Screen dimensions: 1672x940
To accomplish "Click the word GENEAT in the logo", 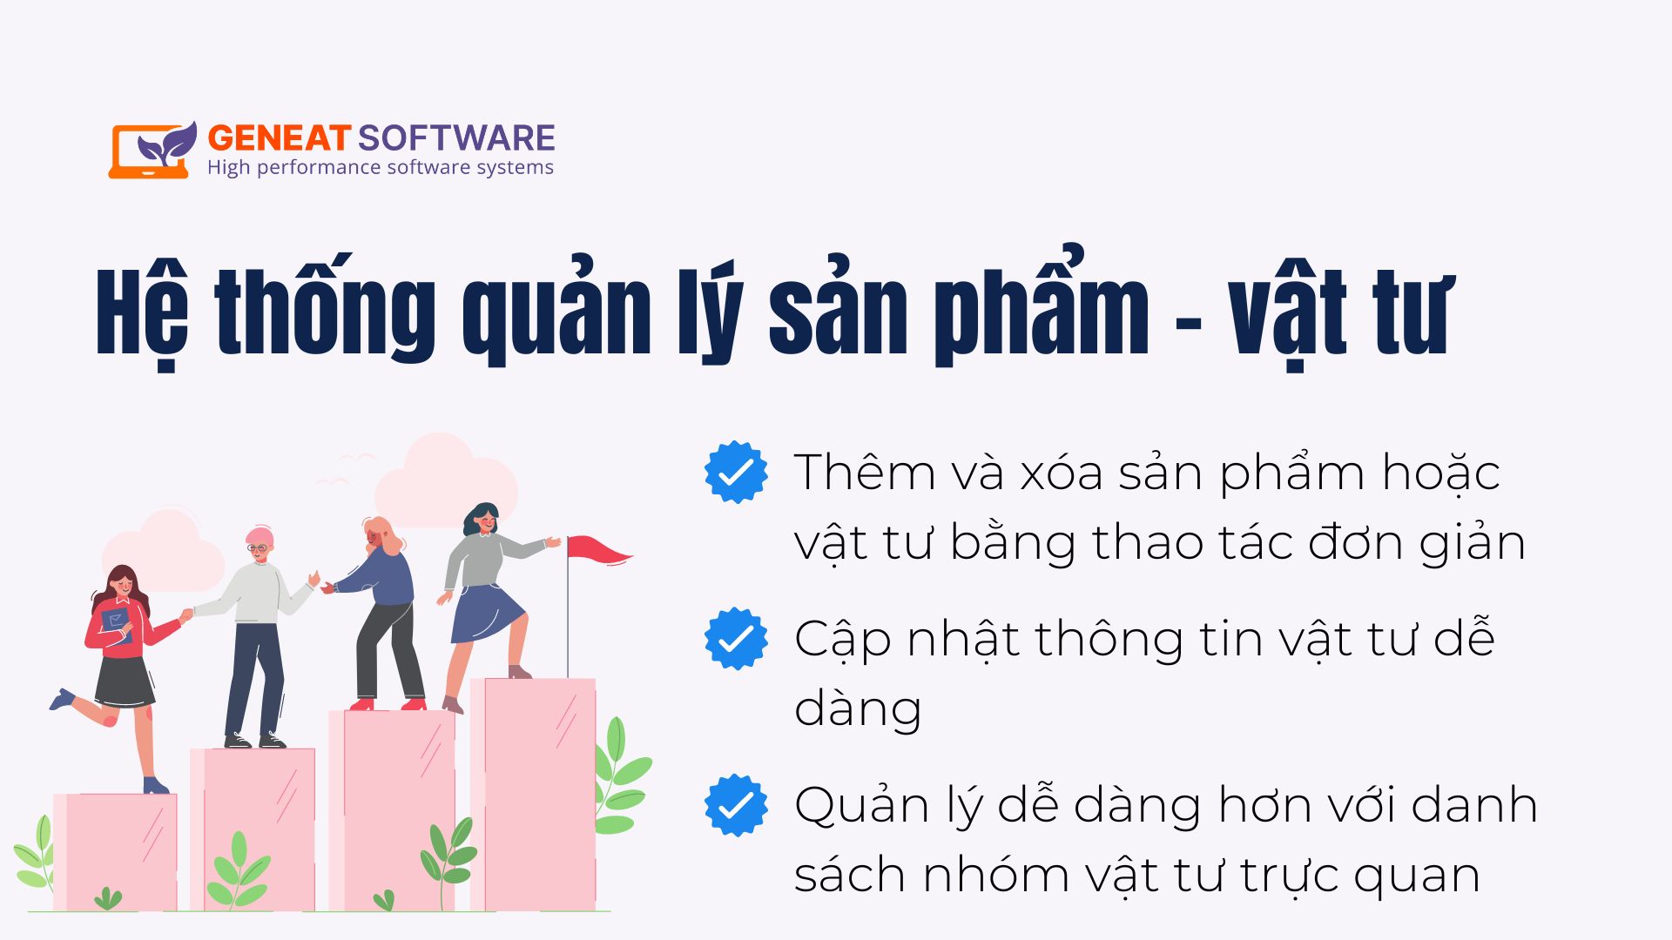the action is (x=279, y=138).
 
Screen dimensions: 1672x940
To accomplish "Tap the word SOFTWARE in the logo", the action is (x=456, y=138).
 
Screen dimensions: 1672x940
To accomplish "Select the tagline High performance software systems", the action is (x=381, y=167).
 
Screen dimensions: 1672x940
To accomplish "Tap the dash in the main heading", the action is (x=1189, y=324).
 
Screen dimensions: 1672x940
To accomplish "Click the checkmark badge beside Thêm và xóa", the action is (x=736, y=472).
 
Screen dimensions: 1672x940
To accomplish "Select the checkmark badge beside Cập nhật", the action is (x=736, y=639).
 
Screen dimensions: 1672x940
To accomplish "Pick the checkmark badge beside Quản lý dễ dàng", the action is (x=736, y=805).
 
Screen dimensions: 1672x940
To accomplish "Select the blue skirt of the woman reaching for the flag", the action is (x=486, y=612).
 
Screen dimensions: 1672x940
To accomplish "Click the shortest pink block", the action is (x=115, y=852).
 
